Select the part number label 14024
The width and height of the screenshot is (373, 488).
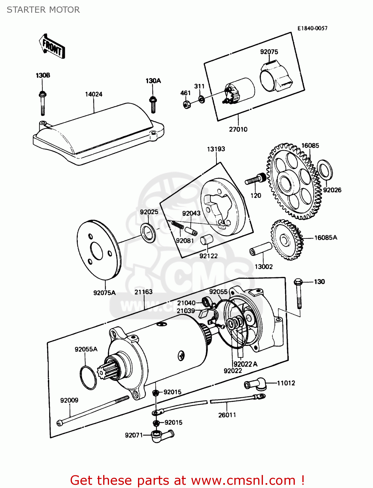click(94, 94)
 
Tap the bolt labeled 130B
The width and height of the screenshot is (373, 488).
click(42, 103)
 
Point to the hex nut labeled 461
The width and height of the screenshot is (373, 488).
click(187, 104)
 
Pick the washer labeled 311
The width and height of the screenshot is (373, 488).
click(201, 99)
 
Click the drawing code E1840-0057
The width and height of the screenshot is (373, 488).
click(312, 28)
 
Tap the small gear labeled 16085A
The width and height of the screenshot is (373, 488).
click(286, 240)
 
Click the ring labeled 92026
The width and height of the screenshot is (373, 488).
click(325, 169)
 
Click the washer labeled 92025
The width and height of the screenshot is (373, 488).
click(148, 233)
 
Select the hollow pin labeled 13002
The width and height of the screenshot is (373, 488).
click(260, 249)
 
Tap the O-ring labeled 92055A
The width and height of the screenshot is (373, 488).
click(88, 377)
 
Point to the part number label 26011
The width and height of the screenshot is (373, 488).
click(227, 415)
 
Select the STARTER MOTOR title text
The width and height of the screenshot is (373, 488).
click(43, 10)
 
